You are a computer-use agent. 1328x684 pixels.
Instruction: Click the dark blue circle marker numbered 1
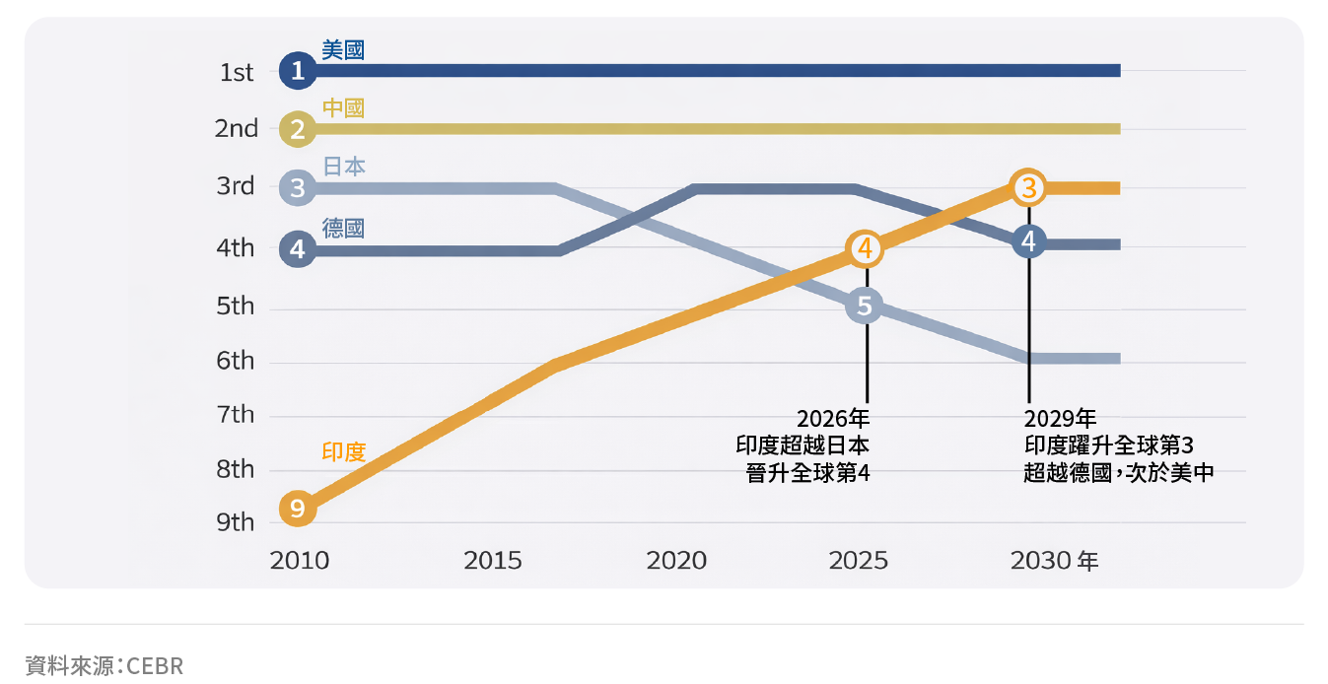coord(298,71)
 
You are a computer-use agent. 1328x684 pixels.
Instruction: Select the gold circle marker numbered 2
coord(298,129)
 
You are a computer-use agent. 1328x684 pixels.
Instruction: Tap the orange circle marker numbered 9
coord(298,510)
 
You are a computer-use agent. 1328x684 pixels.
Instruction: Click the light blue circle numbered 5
coord(865,307)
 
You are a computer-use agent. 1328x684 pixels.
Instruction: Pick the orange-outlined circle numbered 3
coord(1028,186)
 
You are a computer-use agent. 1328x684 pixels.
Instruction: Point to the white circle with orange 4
coord(865,249)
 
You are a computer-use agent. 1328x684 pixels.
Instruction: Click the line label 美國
coord(343,49)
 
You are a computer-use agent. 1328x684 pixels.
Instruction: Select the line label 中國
coord(343,107)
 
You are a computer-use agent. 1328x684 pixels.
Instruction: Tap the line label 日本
coord(344,167)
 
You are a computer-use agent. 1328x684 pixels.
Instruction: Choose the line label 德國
coord(343,229)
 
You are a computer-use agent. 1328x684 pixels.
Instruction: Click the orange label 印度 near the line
coord(344,452)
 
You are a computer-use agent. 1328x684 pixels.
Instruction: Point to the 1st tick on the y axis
coord(237,72)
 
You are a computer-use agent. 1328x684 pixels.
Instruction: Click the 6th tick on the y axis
coord(236,362)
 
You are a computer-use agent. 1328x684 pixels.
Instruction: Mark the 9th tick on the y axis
coord(236,522)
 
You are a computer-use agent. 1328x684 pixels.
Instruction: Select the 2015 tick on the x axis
coord(493,561)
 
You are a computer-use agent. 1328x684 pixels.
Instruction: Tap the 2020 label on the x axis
coord(676,561)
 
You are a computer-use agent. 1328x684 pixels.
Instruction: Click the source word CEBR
coord(155,666)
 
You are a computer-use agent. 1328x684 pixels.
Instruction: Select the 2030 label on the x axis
coord(1042,561)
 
